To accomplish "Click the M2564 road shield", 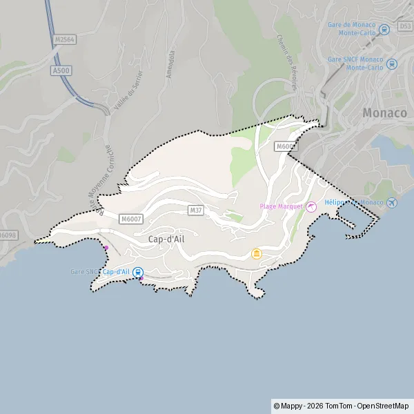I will click(64, 40).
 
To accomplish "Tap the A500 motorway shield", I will click(60, 70).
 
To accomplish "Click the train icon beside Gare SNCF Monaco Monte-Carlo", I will click(392, 64).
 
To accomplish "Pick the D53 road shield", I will click(405, 26).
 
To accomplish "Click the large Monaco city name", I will click(386, 112).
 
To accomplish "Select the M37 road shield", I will click(195, 208).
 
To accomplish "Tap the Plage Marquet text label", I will click(280, 206).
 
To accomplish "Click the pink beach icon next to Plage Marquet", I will click(310, 206).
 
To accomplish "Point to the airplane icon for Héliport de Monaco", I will click(392, 202).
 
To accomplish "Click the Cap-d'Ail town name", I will click(166, 238).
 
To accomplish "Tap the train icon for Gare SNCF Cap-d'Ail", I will click(138, 272).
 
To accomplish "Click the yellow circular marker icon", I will click(257, 255).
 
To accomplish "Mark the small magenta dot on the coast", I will click(106, 248).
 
